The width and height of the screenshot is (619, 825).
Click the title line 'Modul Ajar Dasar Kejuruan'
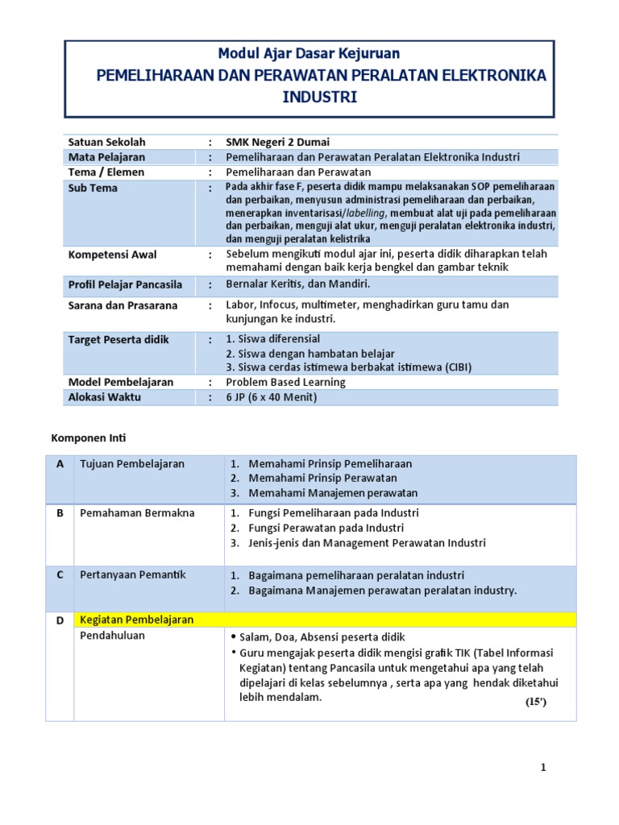[309, 54]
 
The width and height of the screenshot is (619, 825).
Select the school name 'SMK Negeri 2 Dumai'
[277, 142]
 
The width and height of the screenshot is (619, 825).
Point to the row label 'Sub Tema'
[93, 188]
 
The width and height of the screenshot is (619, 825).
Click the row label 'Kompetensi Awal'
[112, 255]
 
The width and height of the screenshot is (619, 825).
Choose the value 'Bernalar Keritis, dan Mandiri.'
[297, 284]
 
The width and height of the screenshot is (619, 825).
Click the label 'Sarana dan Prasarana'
[123, 305]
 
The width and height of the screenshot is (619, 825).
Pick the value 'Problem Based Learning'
[285, 382]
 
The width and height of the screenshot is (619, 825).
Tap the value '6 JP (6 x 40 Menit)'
[272, 397]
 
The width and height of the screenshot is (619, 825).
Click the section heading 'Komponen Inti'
[89, 438]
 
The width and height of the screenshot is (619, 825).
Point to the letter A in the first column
[60, 464]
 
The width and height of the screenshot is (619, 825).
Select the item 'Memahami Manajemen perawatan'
[333, 493]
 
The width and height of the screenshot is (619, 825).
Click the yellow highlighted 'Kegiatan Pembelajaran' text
[137, 620]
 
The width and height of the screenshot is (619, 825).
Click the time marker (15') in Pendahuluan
[535, 702]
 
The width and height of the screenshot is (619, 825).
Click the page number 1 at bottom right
[543, 768]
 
